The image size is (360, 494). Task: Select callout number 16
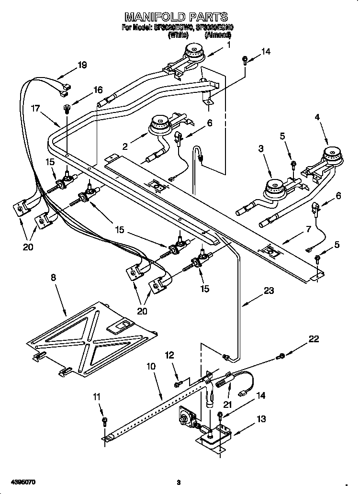[x=98, y=90]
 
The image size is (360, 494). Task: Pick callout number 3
[x=261, y=149]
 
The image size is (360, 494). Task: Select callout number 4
[x=316, y=116]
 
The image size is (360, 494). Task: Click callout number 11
[x=98, y=397]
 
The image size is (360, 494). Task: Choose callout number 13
[x=261, y=419]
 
